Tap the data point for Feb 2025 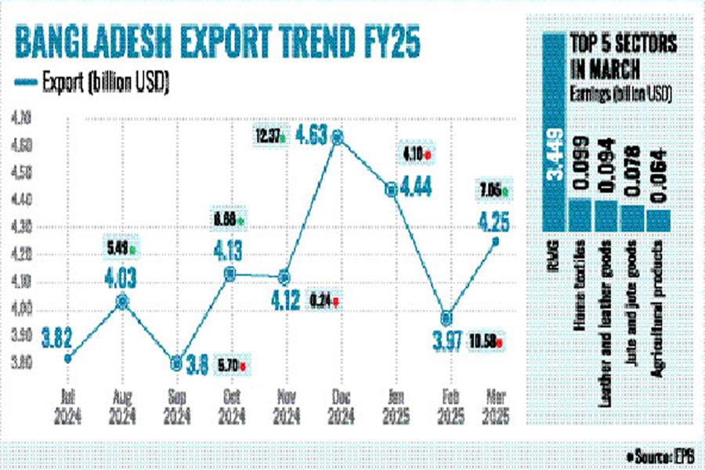(x=446, y=317)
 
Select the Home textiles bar (x=580, y=213)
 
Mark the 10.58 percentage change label (x=487, y=341)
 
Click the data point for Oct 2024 (x=230, y=274)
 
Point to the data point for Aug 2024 (x=122, y=301)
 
